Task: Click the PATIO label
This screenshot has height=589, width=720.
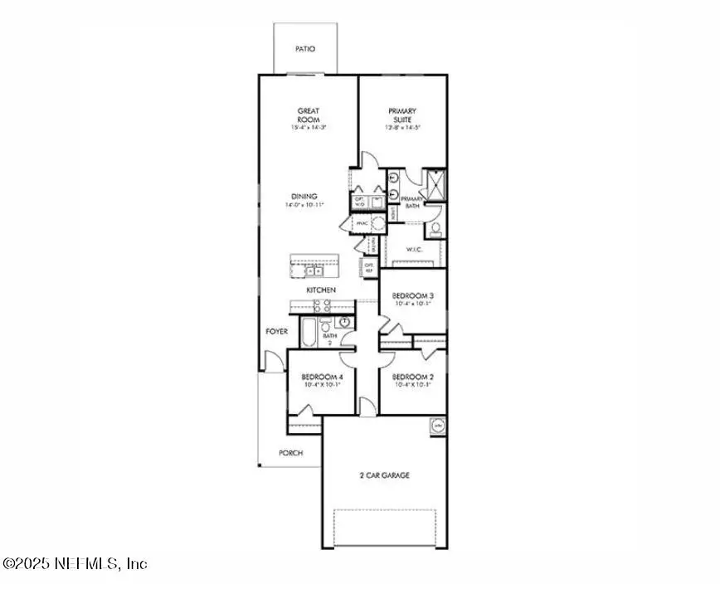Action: click(305, 49)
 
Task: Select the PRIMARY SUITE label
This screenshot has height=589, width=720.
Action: click(402, 115)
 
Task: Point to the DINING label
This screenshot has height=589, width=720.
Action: click(305, 197)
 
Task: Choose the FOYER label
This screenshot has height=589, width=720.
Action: click(276, 331)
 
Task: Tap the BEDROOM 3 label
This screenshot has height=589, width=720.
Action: click(412, 296)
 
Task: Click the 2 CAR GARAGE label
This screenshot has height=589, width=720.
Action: click(384, 475)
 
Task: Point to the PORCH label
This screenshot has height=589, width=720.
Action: click(290, 453)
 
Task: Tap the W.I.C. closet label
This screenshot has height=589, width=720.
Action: click(416, 249)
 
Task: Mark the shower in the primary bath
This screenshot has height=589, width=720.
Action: click(435, 181)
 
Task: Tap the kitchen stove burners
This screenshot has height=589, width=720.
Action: click(322, 305)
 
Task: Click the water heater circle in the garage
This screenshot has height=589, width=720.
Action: click(437, 426)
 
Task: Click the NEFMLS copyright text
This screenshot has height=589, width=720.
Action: click(75, 563)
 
